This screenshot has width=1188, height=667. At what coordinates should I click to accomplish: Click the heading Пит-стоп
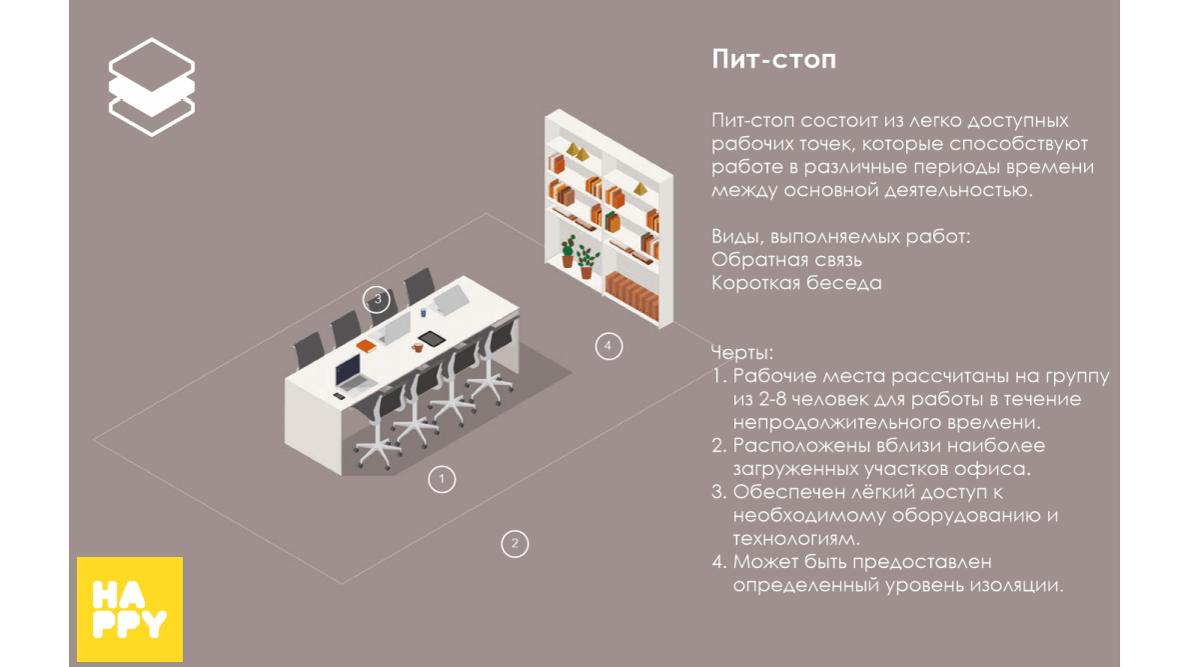(x=773, y=59)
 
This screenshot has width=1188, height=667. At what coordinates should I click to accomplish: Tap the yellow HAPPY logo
(x=130, y=609)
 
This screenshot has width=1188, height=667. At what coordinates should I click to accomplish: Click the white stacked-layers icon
(x=152, y=86)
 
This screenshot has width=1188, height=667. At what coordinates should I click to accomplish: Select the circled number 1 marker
(x=442, y=479)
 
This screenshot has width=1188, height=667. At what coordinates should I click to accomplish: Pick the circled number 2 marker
(x=515, y=543)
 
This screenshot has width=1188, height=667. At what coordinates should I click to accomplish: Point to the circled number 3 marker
(x=377, y=299)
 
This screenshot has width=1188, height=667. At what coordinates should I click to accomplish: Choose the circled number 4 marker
(x=607, y=346)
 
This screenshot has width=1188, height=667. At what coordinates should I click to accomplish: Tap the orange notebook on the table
(x=366, y=346)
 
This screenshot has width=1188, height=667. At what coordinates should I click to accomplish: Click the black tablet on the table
(x=431, y=339)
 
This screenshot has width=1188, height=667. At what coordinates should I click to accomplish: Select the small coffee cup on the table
(x=417, y=347)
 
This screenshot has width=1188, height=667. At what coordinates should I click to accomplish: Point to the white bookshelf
(x=608, y=218)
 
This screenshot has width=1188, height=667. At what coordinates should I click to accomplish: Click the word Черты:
(x=741, y=352)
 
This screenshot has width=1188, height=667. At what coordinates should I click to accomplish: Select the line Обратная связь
(x=786, y=259)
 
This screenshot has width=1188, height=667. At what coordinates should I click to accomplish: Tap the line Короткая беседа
(x=796, y=283)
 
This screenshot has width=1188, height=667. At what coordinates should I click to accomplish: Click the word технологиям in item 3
(x=795, y=539)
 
